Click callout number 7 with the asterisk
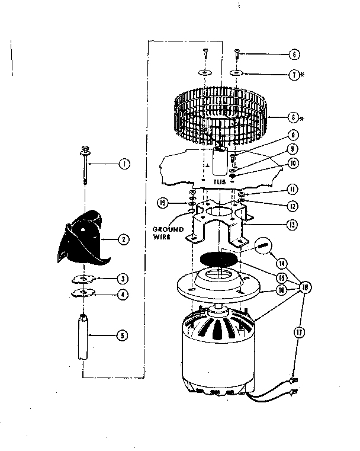[294, 75]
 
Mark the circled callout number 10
[294, 162]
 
